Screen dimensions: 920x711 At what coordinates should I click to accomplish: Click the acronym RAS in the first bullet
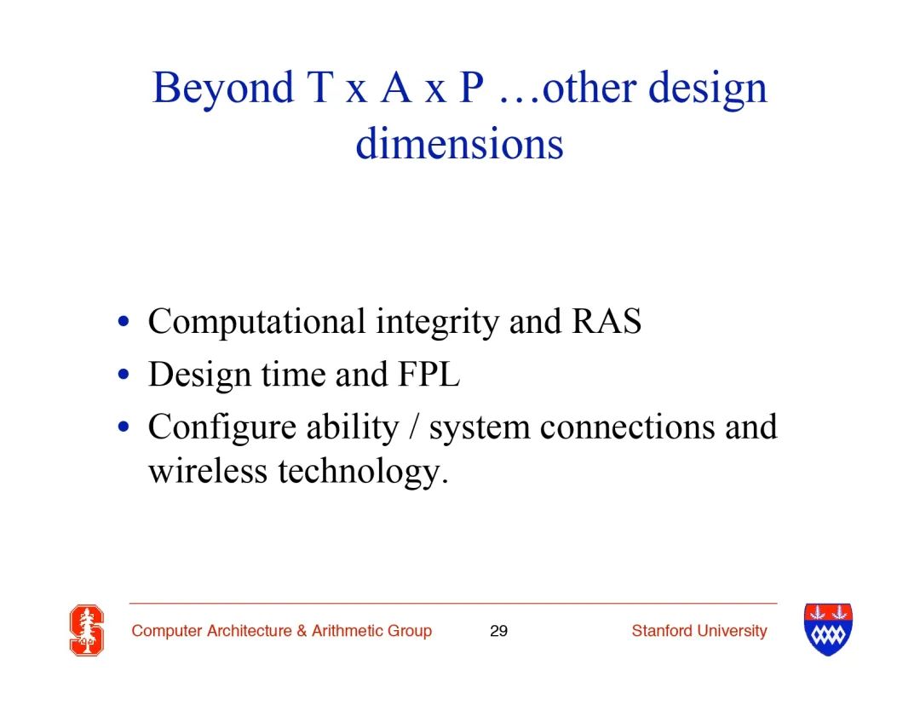[607, 321]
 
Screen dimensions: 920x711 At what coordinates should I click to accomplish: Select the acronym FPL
[428, 374]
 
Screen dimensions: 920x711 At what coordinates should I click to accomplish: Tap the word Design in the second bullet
[199, 375]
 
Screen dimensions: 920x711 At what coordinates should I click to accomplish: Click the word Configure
[222, 427]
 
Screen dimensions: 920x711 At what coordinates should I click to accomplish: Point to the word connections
[627, 427]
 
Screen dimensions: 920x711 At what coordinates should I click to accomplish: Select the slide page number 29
[498, 631]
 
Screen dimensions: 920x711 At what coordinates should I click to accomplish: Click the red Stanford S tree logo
[87, 630]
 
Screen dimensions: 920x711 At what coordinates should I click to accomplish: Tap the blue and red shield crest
[828, 629]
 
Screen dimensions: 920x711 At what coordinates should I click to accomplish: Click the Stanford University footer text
[699, 631]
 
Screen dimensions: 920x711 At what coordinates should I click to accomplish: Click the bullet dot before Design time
[124, 375]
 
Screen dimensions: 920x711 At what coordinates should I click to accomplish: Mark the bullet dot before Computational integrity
[124, 322]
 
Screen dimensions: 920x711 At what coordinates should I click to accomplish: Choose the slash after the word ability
[414, 427]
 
